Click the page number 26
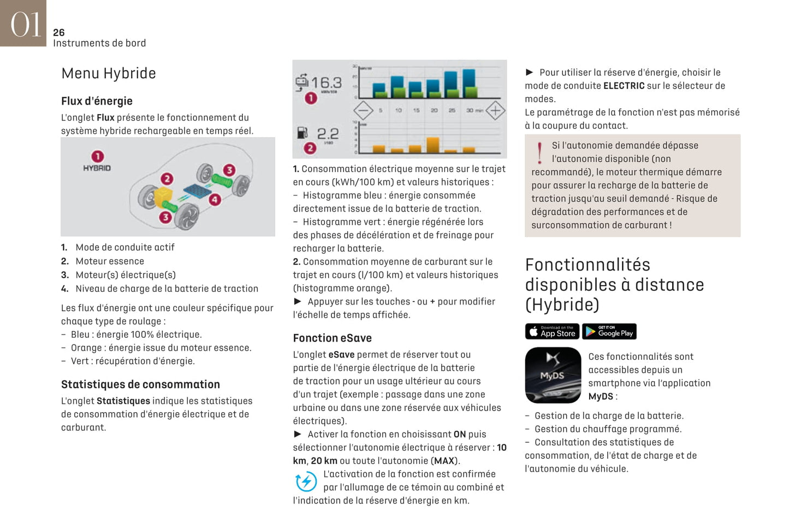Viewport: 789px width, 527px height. [x=58, y=33]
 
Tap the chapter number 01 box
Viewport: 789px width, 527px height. [x=23, y=23]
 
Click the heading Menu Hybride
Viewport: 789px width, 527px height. [x=109, y=73]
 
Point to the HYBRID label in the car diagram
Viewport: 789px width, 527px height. [x=97, y=168]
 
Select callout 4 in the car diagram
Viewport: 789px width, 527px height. [x=215, y=200]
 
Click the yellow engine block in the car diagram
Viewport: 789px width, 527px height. [x=163, y=197]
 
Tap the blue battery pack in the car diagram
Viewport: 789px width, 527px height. [x=197, y=192]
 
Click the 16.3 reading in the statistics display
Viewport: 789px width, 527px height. [x=327, y=83]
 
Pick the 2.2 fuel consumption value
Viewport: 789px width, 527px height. [x=328, y=133]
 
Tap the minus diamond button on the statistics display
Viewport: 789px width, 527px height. [x=363, y=110]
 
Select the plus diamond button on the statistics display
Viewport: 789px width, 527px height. [x=495, y=110]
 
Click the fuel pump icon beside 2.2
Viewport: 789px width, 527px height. [x=302, y=133]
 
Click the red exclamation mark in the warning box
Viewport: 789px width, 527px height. [x=539, y=153]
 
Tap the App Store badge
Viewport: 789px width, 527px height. [x=552, y=331]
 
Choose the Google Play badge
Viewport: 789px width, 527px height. [x=609, y=331]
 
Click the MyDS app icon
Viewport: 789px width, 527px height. [x=553, y=375]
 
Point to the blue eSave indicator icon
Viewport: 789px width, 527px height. [x=306, y=482]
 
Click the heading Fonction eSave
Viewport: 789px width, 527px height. [x=332, y=338]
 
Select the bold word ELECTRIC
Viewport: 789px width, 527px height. [x=624, y=86]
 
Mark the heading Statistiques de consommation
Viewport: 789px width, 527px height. [x=140, y=384]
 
